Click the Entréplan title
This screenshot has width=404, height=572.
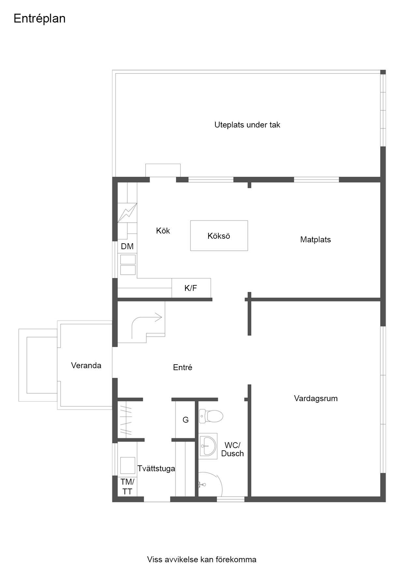(x=39, y=19)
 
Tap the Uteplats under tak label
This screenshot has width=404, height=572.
(x=247, y=125)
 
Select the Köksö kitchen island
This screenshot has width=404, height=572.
(x=219, y=236)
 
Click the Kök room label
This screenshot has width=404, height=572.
(x=163, y=231)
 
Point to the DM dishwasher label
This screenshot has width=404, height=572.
(x=127, y=247)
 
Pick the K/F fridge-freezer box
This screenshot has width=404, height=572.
(x=191, y=288)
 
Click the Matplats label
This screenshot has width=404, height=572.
(x=315, y=240)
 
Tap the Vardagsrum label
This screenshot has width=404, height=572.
(x=316, y=399)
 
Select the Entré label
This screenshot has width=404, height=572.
(x=182, y=368)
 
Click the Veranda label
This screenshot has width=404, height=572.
(x=86, y=366)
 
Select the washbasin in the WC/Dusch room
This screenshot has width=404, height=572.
(x=208, y=446)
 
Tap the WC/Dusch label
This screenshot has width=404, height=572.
(x=232, y=449)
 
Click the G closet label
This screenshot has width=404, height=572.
(x=185, y=420)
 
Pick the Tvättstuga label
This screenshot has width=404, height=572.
(x=156, y=469)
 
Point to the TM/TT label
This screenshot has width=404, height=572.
(x=127, y=487)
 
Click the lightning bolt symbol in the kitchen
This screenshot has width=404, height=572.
(x=127, y=213)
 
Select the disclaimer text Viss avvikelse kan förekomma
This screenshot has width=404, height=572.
(x=202, y=560)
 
